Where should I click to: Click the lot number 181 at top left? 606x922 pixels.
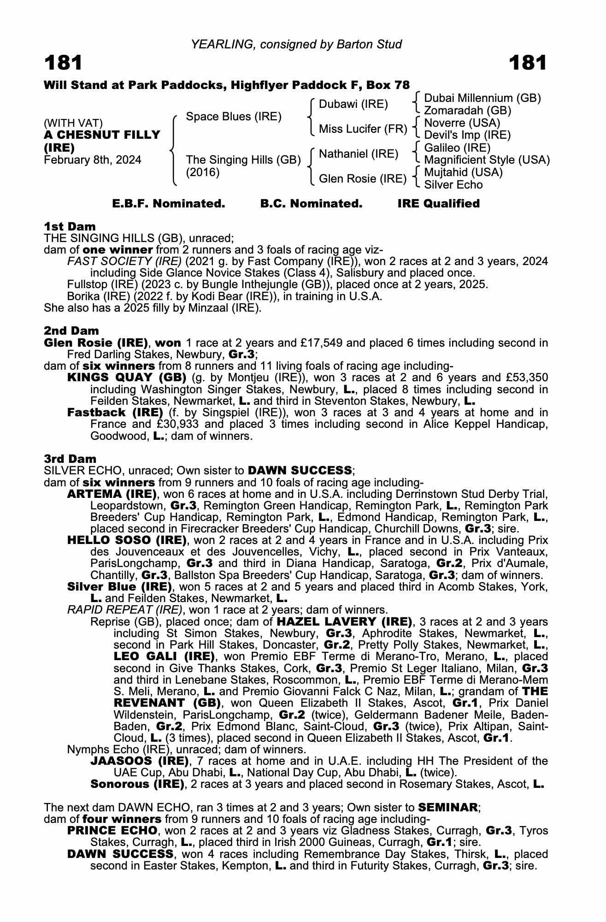[x=63, y=63]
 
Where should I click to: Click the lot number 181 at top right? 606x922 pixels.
[x=528, y=63]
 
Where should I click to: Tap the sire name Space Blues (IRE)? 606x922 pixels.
[x=233, y=117]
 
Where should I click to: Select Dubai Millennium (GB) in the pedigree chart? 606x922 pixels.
[x=482, y=98]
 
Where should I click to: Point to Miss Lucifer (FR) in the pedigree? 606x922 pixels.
[x=363, y=130]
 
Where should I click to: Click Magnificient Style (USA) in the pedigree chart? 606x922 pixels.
[x=487, y=160]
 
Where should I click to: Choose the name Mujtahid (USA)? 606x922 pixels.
[x=463, y=172]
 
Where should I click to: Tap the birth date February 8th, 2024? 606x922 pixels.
[x=93, y=160]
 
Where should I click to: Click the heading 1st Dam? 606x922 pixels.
[x=70, y=226]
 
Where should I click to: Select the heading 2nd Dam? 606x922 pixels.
[x=71, y=331]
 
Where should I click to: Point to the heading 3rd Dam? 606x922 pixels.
[x=70, y=459]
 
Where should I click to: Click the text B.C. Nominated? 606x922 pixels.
[x=311, y=204]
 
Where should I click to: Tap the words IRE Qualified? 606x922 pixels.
[x=438, y=204]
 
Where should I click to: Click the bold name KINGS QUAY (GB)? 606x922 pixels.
[x=126, y=378]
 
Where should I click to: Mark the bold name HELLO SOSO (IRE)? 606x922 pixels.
[x=127, y=540]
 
